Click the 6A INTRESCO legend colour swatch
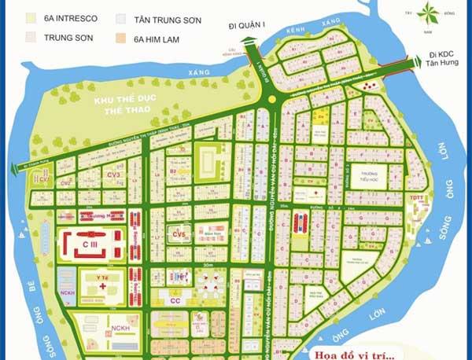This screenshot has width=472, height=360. pos(29,17)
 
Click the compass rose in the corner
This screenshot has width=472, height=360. pos(428,13)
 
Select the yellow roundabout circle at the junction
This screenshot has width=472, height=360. pos(272,100)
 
